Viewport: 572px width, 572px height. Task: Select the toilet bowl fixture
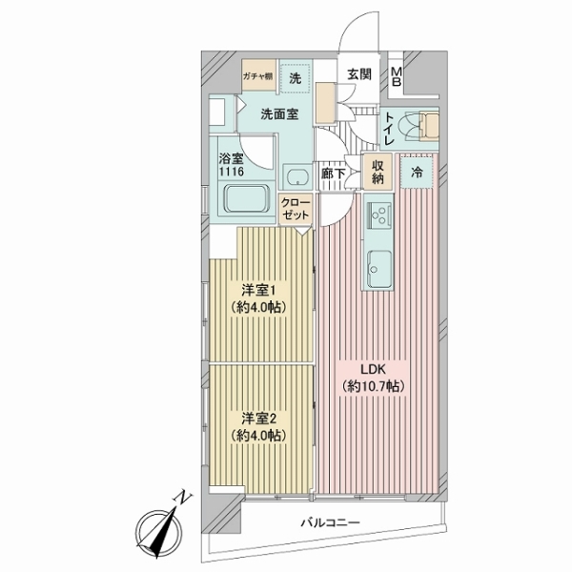point(417,125)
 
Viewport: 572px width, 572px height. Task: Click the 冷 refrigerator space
point(418,173)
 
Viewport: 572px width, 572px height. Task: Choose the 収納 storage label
point(378,172)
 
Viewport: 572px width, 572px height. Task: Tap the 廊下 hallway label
point(334,174)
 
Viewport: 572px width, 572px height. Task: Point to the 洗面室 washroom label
point(281,113)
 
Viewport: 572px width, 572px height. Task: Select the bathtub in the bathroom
point(245,200)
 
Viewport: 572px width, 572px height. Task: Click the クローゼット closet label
point(294,210)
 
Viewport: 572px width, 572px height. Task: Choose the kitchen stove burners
point(378,214)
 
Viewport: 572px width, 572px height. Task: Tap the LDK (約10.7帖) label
point(375,378)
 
